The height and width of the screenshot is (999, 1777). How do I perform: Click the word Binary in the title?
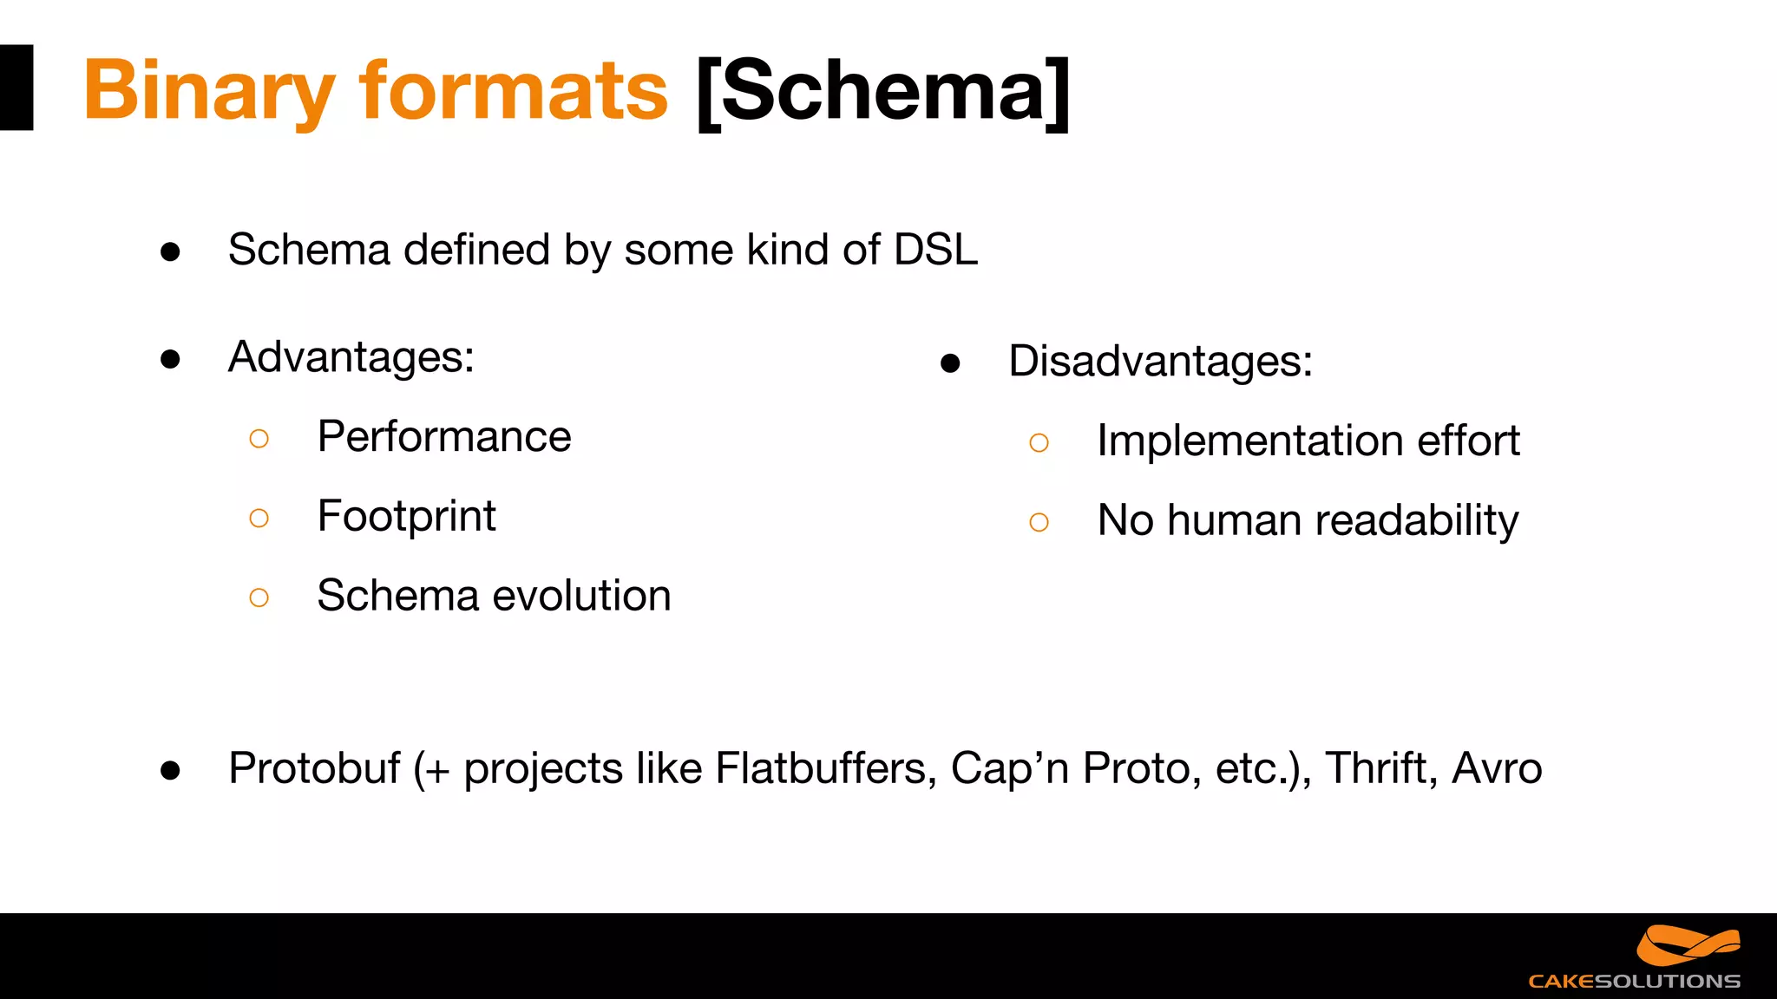pyautogui.click(x=208, y=91)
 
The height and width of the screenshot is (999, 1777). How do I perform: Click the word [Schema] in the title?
pyautogui.click(x=883, y=91)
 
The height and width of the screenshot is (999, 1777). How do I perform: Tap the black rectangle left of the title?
pyautogui.click(x=16, y=88)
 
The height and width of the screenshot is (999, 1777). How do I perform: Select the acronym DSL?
pyautogui.click(x=935, y=250)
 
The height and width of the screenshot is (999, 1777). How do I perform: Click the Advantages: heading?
pyautogui.click(x=351, y=357)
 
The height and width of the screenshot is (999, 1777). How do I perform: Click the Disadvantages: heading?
pyautogui.click(x=1160, y=361)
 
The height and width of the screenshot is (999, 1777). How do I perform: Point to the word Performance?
pyautogui.click(x=444, y=436)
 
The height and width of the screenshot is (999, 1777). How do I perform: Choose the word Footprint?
pyautogui.click(x=406, y=517)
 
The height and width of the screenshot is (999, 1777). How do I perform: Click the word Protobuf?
pyautogui.click(x=314, y=768)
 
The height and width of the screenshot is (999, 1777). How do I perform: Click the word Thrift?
pyautogui.click(x=1378, y=768)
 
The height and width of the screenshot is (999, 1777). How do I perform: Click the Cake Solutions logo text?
pyautogui.click(x=1634, y=982)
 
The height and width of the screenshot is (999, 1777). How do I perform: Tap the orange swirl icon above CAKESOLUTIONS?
pyautogui.click(x=1688, y=945)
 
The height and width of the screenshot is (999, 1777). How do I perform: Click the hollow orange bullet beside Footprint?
pyautogui.click(x=259, y=519)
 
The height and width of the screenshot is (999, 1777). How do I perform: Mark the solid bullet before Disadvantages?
pyautogui.click(x=950, y=363)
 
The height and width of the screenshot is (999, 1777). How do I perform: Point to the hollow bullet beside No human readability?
pyautogui.click(x=1039, y=522)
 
